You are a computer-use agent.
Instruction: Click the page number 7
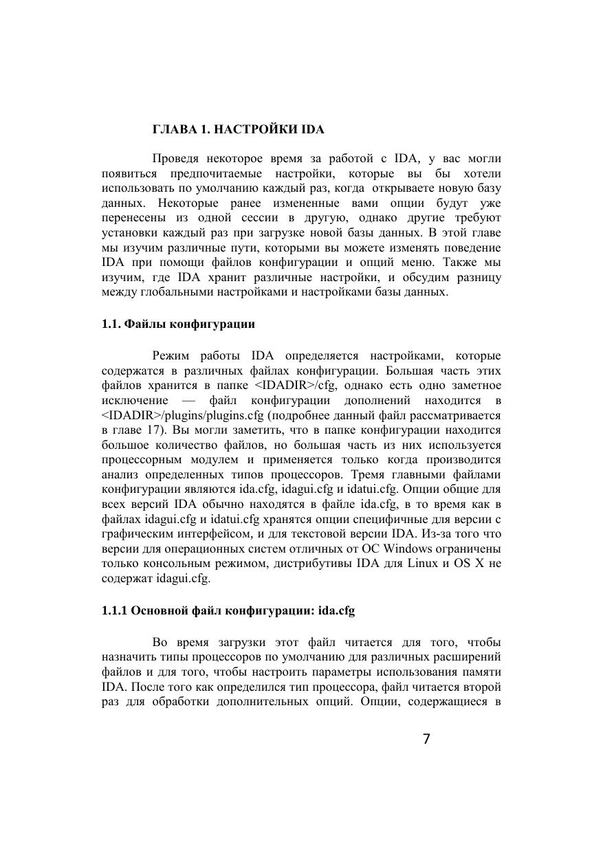[426, 740]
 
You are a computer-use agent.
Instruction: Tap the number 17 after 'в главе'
[151, 431]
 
